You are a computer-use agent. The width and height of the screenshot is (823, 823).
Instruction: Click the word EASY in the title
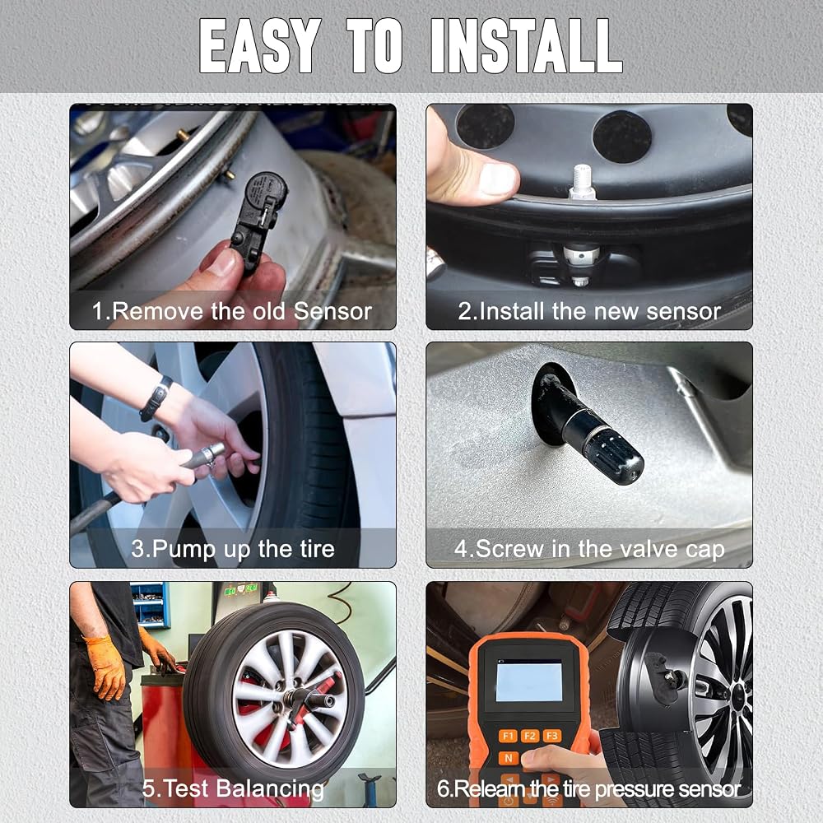[x=260, y=45]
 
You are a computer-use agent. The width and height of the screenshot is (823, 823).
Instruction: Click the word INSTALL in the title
[x=527, y=45]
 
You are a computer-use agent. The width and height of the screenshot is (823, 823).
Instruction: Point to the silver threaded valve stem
[x=584, y=182]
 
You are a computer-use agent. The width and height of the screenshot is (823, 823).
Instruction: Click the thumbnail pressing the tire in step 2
[x=498, y=179]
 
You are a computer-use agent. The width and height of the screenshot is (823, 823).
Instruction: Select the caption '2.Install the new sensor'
[x=589, y=311]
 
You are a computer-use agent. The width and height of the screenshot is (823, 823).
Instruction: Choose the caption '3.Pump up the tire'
[x=233, y=549]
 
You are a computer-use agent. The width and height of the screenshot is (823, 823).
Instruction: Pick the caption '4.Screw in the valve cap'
[x=589, y=549]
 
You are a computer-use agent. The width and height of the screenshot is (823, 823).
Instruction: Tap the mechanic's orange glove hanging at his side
[x=106, y=667]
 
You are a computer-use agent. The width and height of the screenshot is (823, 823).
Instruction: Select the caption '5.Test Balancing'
[x=233, y=788]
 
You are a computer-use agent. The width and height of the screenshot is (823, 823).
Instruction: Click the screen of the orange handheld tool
[x=528, y=681]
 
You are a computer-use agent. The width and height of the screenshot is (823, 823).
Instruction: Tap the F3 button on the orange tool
[x=552, y=736]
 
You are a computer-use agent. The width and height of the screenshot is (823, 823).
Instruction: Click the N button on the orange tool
[x=508, y=758]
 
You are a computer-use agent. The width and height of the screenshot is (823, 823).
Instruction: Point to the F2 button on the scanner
[x=530, y=736]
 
